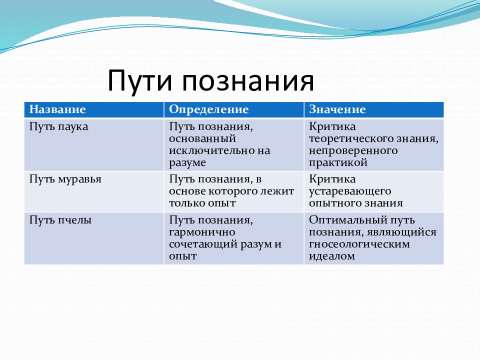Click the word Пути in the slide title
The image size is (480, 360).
[x=139, y=80]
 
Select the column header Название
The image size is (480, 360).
[x=57, y=109]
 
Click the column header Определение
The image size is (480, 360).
[x=209, y=109]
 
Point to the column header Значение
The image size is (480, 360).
[x=337, y=109]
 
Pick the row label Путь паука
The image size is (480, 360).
[x=59, y=126]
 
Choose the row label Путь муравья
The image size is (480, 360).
[x=65, y=179]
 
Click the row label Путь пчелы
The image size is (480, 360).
[x=60, y=220]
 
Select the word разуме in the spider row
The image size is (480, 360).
[x=187, y=163]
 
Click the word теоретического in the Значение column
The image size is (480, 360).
[x=351, y=139]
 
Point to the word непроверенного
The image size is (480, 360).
[x=353, y=151]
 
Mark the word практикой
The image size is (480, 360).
[x=338, y=162]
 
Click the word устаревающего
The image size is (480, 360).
[x=350, y=191]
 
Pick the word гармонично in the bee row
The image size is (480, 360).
[x=202, y=232]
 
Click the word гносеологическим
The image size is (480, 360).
[x=359, y=244]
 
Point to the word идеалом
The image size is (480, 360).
[x=332, y=256]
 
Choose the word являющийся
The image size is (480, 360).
[x=401, y=232]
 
